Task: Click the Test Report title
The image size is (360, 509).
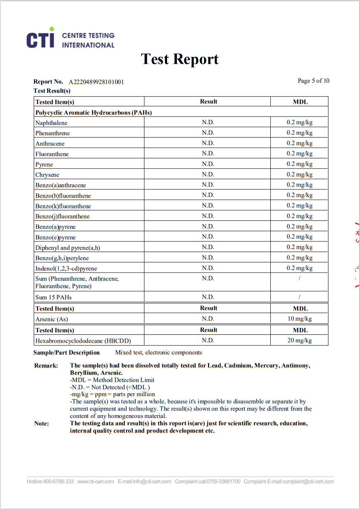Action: [x=180, y=59]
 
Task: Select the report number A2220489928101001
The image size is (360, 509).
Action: [x=96, y=82]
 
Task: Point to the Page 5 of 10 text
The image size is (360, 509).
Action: [x=314, y=81]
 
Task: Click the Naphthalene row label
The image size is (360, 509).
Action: [x=51, y=123]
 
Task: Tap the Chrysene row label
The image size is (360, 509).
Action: [x=47, y=175]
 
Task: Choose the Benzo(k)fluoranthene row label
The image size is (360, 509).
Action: [x=63, y=206]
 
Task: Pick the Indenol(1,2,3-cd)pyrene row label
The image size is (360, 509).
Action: [x=66, y=269]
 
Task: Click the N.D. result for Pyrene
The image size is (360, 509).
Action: [x=208, y=164]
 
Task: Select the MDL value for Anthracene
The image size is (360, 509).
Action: [x=300, y=143]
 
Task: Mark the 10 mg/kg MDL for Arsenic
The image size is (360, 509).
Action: [x=300, y=319]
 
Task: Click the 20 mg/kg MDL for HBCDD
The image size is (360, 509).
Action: [x=300, y=341]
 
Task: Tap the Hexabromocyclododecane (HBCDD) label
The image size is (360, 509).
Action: [x=83, y=341]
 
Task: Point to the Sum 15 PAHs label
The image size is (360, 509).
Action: [x=53, y=297]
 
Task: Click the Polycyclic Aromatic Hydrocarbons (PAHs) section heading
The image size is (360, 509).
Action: [x=94, y=112]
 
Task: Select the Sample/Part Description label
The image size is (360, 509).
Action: [x=67, y=353]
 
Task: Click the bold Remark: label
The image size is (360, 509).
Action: [x=46, y=366]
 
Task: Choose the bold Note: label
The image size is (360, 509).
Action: [x=42, y=423]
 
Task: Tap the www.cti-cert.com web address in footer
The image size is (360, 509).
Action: [x=95, y=481]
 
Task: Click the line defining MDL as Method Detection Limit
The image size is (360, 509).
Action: [x=112, y=380]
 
